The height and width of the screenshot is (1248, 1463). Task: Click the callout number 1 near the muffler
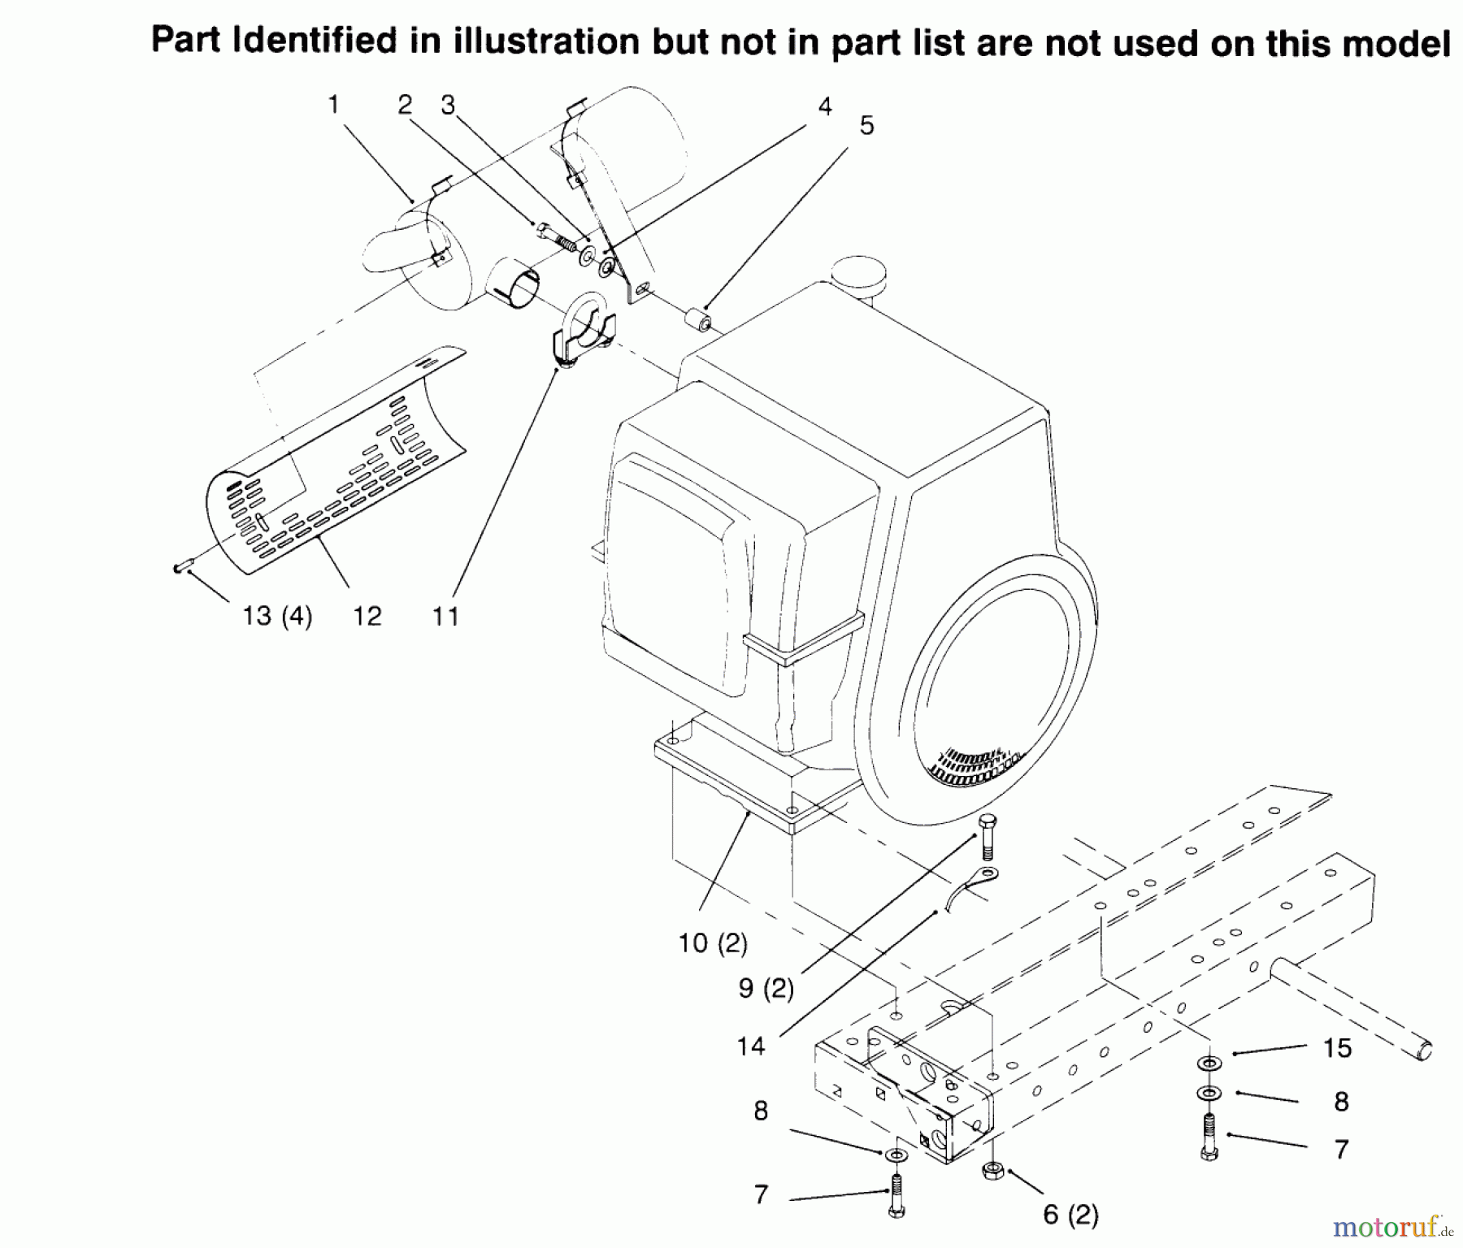point(333,105)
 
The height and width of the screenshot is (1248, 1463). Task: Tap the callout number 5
point(866,126)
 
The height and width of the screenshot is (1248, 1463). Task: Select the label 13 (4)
point(277,616)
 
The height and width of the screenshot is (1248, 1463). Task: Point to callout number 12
point(367,616)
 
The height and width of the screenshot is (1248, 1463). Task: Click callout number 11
point(445,616)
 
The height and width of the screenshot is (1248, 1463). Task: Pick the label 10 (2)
point(713,943)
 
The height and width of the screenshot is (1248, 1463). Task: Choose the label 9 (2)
point(766,988)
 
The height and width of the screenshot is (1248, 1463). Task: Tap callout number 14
point(751,1046)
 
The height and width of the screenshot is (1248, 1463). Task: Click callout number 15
point(1337,1047)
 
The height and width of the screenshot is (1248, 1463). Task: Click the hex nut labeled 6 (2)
point(992,1171)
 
